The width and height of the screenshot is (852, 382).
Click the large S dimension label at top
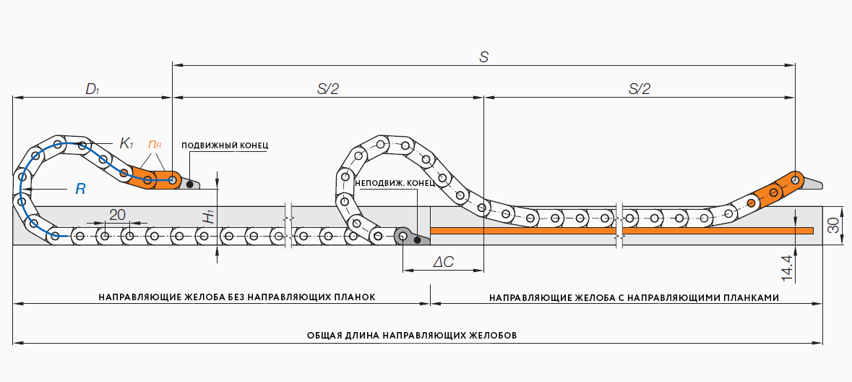(x=484, y=57)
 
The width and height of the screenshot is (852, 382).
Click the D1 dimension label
(x=92, y=89)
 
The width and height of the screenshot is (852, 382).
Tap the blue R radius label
(x=80, y=189)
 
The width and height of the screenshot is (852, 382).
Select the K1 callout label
(x=126, y=143)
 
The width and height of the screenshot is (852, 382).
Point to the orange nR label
(x=155, y=144)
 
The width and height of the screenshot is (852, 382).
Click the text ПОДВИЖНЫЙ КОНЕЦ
(x=225, y=145)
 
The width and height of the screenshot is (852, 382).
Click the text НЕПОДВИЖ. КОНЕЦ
(x=395, y=182)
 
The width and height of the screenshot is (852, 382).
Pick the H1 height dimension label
(x=208, y=216)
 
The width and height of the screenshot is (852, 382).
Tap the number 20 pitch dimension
(x=117, y=214)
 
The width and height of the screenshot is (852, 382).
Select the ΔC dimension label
(x=443, y=262)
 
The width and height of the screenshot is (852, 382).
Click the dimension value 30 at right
(x=833, y=226)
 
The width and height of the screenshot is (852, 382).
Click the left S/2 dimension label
(x=328, y=89)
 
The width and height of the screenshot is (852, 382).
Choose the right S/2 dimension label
(x=640, y=89)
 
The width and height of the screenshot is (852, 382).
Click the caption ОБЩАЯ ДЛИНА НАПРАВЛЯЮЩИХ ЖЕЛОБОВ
(x=412, y=336)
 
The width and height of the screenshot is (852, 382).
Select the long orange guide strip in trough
(x=621, y=230)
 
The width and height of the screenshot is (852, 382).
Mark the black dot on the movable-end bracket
(x=189, y=184)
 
